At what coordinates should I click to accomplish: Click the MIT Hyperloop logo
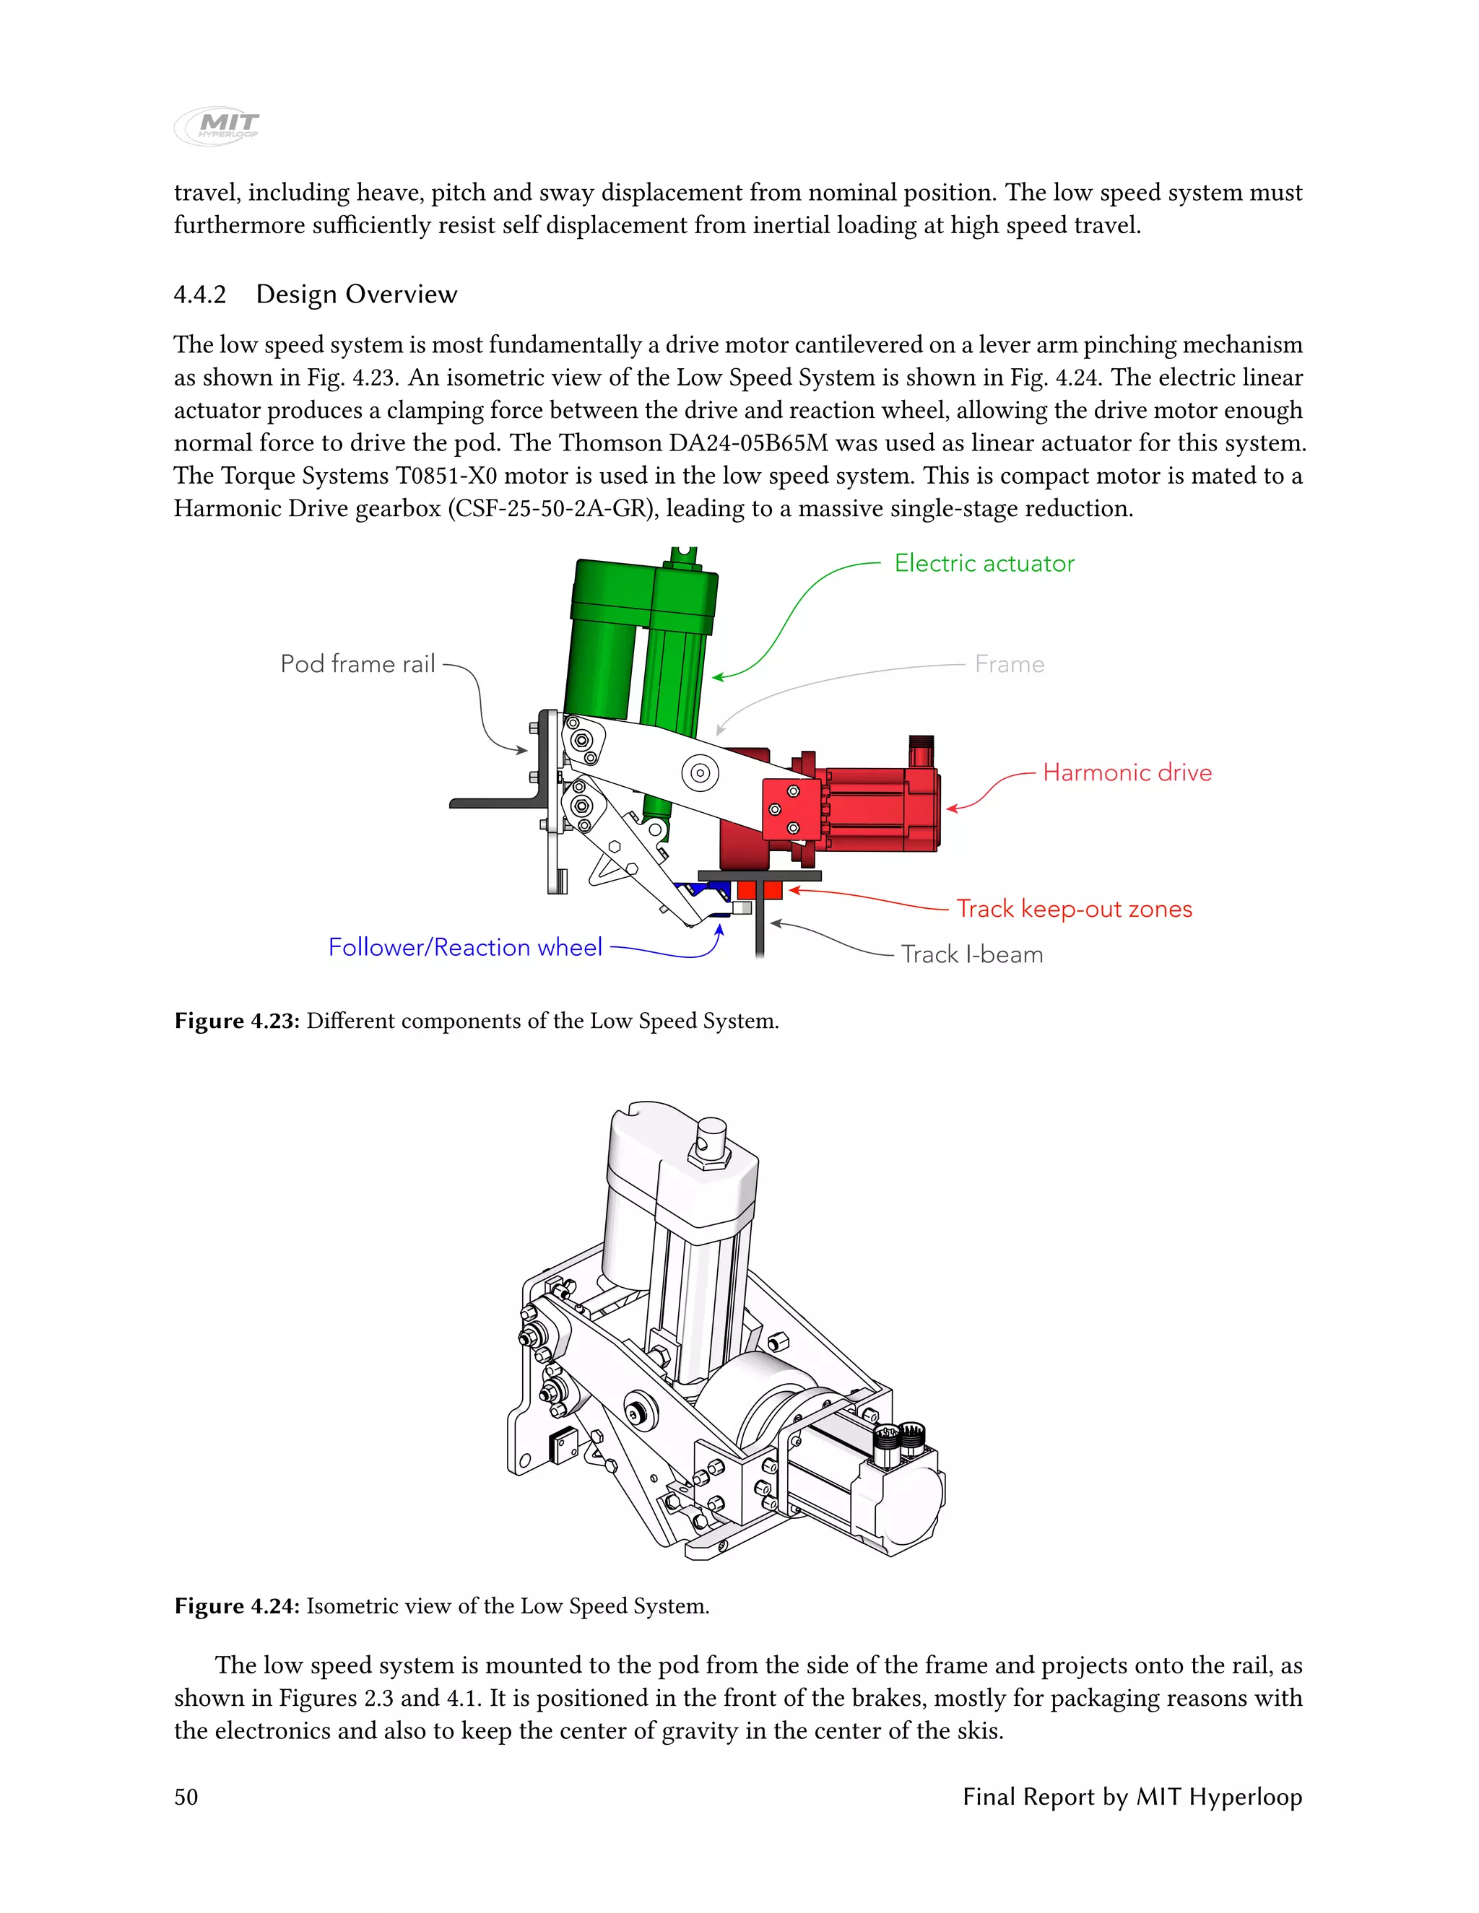pos(217,126)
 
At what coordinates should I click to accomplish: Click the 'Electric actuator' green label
pos(984,563)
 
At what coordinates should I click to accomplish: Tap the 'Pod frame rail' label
pos(357,664)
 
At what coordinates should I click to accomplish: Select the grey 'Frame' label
pos(1010,665)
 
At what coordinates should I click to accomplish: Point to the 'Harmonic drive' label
pos(1127,772)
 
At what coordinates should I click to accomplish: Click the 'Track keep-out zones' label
pos(1073,908)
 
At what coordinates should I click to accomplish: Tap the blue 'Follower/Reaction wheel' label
pos(465,947)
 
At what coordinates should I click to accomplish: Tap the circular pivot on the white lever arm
pos(700,772)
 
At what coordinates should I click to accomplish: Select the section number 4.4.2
pos(200,295)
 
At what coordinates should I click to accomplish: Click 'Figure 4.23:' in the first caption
pos(238,1021)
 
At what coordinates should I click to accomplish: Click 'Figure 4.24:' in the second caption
pos(238,1605)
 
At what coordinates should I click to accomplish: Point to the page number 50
pos(186,1797)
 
